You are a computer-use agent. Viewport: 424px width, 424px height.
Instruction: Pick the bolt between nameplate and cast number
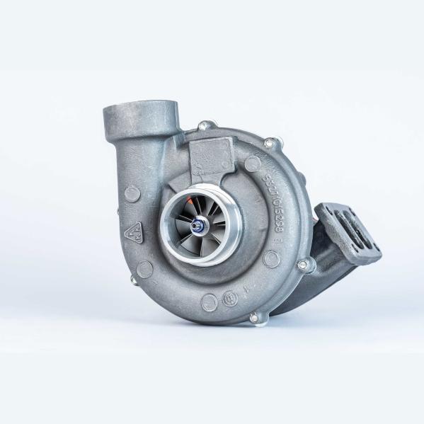269,144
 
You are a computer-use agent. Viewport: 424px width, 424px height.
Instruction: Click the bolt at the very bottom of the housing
254,318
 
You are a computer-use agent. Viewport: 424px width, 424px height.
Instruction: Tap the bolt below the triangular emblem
134,280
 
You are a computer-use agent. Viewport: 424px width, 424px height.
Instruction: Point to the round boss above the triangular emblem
132,193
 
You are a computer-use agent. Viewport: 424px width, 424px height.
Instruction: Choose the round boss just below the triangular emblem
145,268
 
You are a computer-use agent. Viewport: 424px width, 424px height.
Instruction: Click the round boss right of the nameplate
252,164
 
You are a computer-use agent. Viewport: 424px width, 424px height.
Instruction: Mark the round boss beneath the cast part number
272,258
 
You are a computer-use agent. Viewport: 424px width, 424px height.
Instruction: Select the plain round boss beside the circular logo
210,302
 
